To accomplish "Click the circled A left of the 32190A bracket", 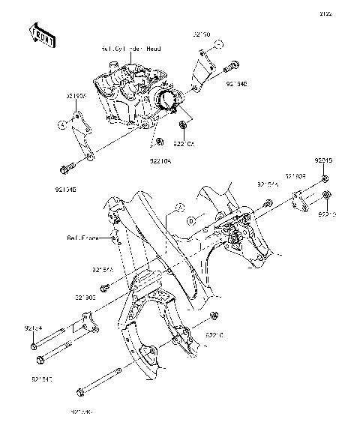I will (62, 124).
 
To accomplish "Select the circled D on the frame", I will (191, 221).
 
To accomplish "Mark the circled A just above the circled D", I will (179, 205).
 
